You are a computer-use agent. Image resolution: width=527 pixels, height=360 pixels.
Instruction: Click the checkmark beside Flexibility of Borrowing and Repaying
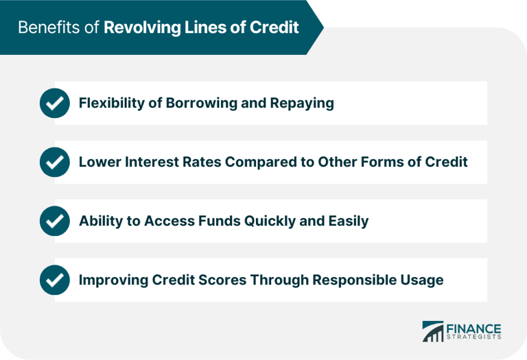[x=55, y=104]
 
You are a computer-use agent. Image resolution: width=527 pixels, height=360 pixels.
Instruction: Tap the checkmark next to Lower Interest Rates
[x=55, y=163]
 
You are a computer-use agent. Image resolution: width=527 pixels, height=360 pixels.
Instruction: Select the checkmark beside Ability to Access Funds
[x=55, y=221]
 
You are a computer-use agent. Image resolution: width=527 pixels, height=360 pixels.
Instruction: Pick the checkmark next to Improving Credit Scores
[x=55, y=280]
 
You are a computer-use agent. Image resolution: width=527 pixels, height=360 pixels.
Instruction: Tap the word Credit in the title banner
[x=275, y=28]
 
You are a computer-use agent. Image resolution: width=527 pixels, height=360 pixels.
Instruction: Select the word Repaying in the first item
[x=305, y=104]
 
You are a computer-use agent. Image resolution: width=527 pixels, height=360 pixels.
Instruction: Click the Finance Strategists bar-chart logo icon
[x=433, y=331]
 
